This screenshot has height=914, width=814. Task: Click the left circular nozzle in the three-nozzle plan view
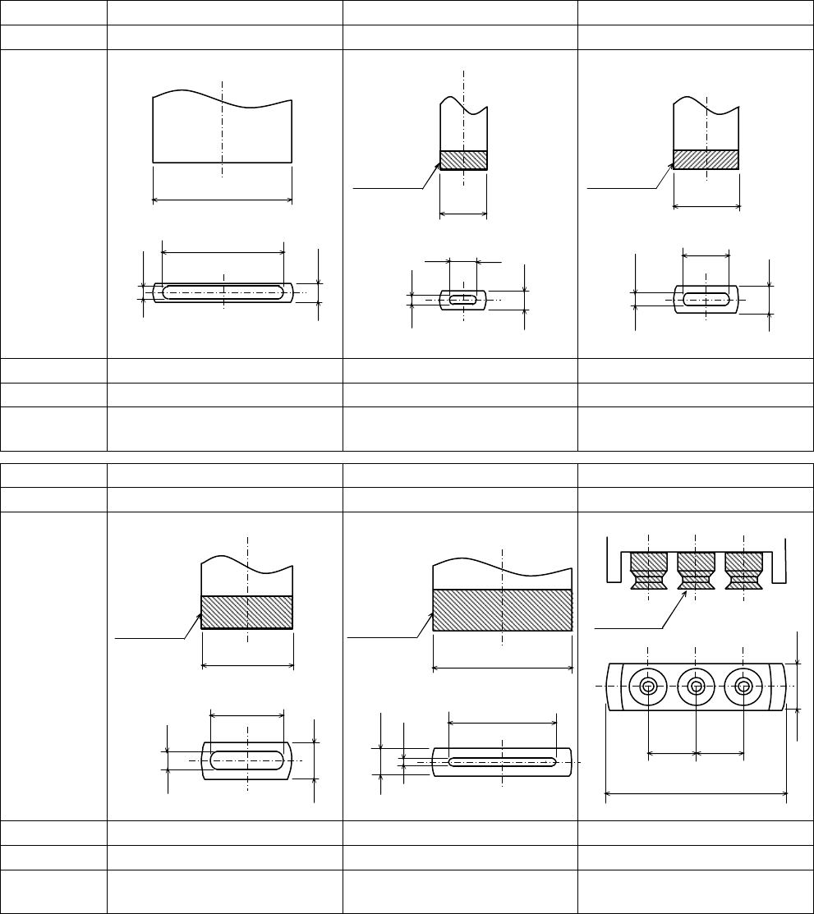click(x=648, y=687)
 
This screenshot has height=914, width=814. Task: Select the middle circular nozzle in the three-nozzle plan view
click(x=696, y=687)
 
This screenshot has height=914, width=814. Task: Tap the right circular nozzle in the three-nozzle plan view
click(x=743, y=687)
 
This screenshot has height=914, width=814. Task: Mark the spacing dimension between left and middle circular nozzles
click(x=672, y=751)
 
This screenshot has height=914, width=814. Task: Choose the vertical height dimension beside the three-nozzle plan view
click(x=798, y=686)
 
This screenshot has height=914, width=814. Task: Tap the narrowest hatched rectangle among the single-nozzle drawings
click(x=464, y=159)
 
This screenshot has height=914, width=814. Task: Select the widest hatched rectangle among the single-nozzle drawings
click(x=502, y=609)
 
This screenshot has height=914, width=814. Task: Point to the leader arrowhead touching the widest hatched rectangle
click(x=429, y=615)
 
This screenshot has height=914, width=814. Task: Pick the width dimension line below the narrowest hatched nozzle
click(x=464, y=214)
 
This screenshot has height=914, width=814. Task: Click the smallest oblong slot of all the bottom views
click(x=463, y=300)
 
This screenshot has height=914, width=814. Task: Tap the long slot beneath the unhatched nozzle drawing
click(x=223, y=292)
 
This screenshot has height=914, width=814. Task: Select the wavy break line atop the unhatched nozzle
click(x=223, y=97)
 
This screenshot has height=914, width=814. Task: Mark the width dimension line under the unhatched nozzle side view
click(x=223, y=199)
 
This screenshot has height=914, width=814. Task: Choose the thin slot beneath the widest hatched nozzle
click(x=502, y=762)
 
